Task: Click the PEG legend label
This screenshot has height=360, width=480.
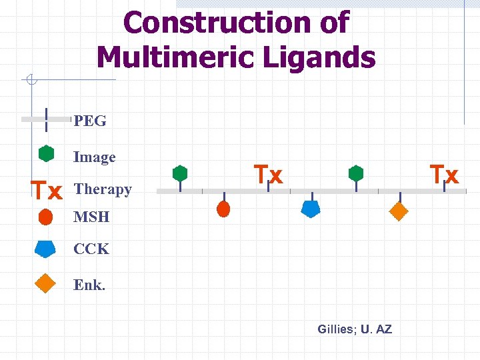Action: point(90,121)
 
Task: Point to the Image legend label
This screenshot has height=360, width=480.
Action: point(95,157)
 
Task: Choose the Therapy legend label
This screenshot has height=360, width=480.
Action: point(103,189)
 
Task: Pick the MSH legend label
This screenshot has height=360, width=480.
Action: point(91,217)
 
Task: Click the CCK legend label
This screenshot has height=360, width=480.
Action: point(91,249)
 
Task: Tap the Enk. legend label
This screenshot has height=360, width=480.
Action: point(89,285)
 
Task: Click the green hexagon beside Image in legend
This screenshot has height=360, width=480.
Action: point(46,153)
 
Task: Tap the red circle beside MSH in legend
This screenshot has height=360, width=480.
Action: point(46,217)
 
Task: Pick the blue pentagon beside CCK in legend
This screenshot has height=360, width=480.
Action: point(45,248)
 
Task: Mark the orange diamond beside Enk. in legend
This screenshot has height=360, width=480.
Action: point(45,283)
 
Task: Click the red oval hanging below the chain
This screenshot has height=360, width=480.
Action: point(223,209)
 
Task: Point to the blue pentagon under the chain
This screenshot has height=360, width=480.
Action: point(311,209)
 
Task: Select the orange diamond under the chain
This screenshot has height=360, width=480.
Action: point(398,211)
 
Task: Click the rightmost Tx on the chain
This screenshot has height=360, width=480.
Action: point(444,175)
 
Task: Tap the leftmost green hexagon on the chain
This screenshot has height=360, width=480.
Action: point(179,173)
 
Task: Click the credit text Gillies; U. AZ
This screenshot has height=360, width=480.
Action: point(355,329)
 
